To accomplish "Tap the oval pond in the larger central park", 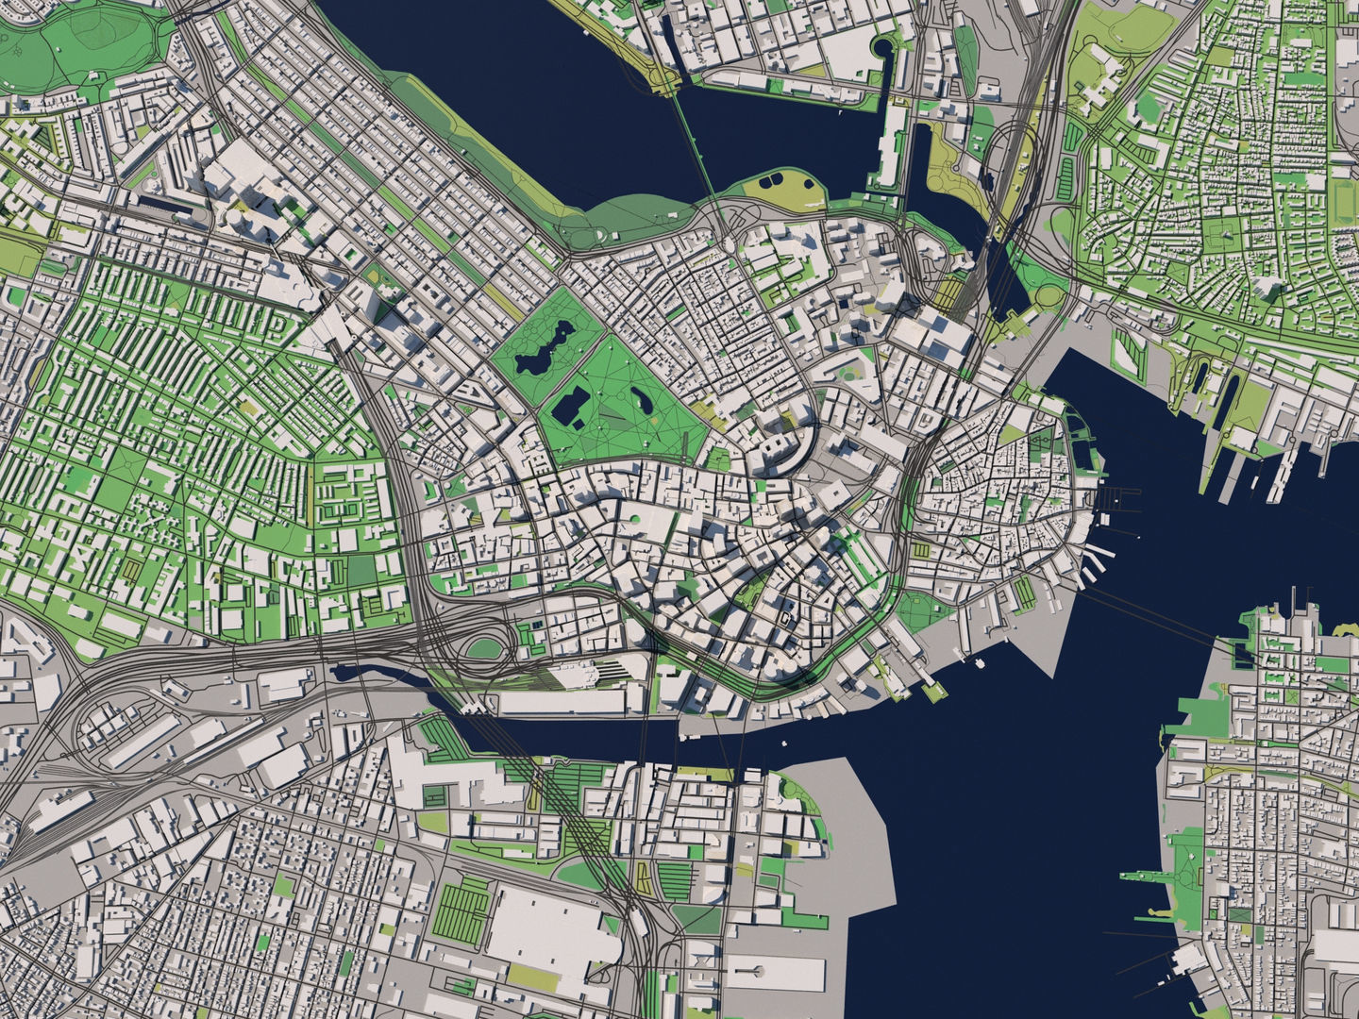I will coord(646,401).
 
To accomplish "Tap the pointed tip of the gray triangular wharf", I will coord(1056,676).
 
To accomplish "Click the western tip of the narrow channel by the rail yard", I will coord(335,671).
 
